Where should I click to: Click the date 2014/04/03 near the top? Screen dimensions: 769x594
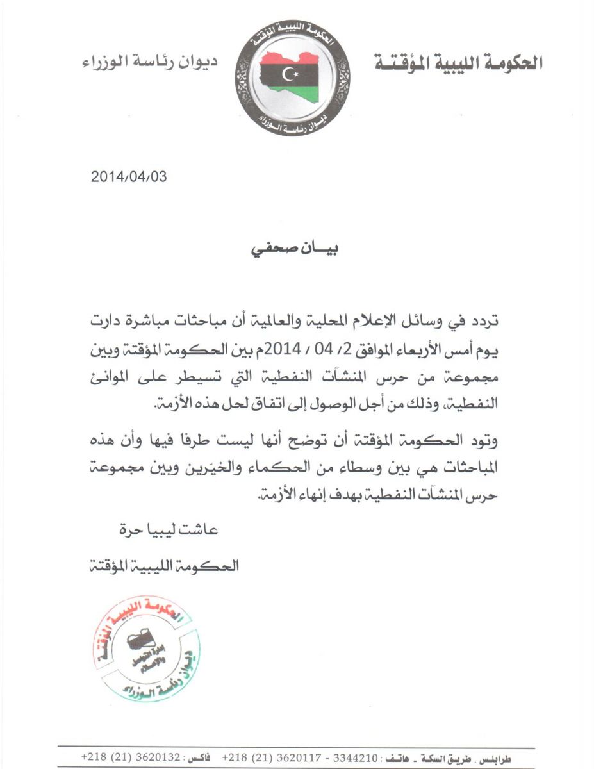click(129, 177)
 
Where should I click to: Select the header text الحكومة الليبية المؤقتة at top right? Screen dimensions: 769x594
click(458, 63)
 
